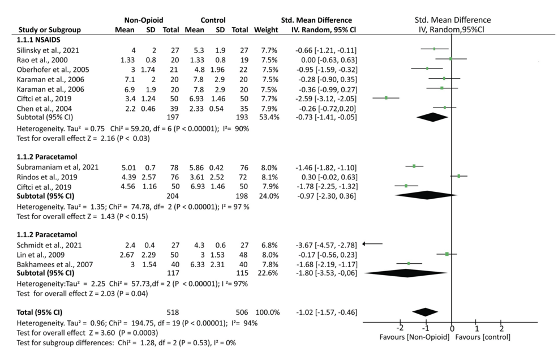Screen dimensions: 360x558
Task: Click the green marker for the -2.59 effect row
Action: [x=386, y=97]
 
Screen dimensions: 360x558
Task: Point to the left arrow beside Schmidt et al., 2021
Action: [x=372, y=243]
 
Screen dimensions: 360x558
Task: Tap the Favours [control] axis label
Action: [x=486, y=338]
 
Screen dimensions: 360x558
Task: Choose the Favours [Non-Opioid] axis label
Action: [x=414, y=338]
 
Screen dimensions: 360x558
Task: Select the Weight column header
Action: [x=266, y=29]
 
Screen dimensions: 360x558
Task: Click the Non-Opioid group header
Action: [x=142, y=20]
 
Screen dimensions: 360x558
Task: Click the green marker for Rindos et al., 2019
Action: [x=459, y=176]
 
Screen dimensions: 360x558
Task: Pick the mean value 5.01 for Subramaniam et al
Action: [x=128, y=167]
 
